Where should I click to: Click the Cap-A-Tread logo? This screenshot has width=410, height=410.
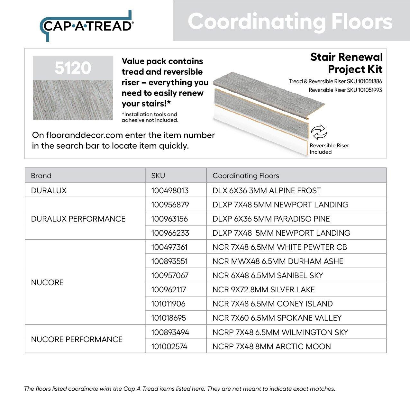86,26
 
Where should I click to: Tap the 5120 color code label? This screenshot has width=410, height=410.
73,68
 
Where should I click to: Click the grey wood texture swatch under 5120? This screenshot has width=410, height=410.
73,100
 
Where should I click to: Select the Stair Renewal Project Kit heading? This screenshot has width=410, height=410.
346,63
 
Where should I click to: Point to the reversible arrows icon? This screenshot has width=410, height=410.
319,132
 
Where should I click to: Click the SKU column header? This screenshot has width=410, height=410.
158,176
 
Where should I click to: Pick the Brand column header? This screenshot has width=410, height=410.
41,176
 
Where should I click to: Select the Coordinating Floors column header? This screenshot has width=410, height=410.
246,176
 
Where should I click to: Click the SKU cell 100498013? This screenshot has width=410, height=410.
170,190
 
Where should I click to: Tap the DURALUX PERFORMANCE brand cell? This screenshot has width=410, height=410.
78,219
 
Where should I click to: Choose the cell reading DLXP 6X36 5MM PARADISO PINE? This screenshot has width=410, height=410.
271,219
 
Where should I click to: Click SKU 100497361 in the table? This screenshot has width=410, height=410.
169,247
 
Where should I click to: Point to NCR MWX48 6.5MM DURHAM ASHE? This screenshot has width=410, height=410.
278,261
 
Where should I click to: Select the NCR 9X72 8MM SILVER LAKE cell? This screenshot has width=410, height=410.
264,289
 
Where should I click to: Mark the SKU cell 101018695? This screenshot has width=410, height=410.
169,318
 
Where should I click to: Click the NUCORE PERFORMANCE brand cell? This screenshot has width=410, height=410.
77,339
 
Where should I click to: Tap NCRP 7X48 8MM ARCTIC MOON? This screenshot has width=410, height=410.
272,346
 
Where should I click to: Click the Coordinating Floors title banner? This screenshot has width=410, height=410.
290,21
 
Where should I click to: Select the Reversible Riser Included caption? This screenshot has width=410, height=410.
329,149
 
